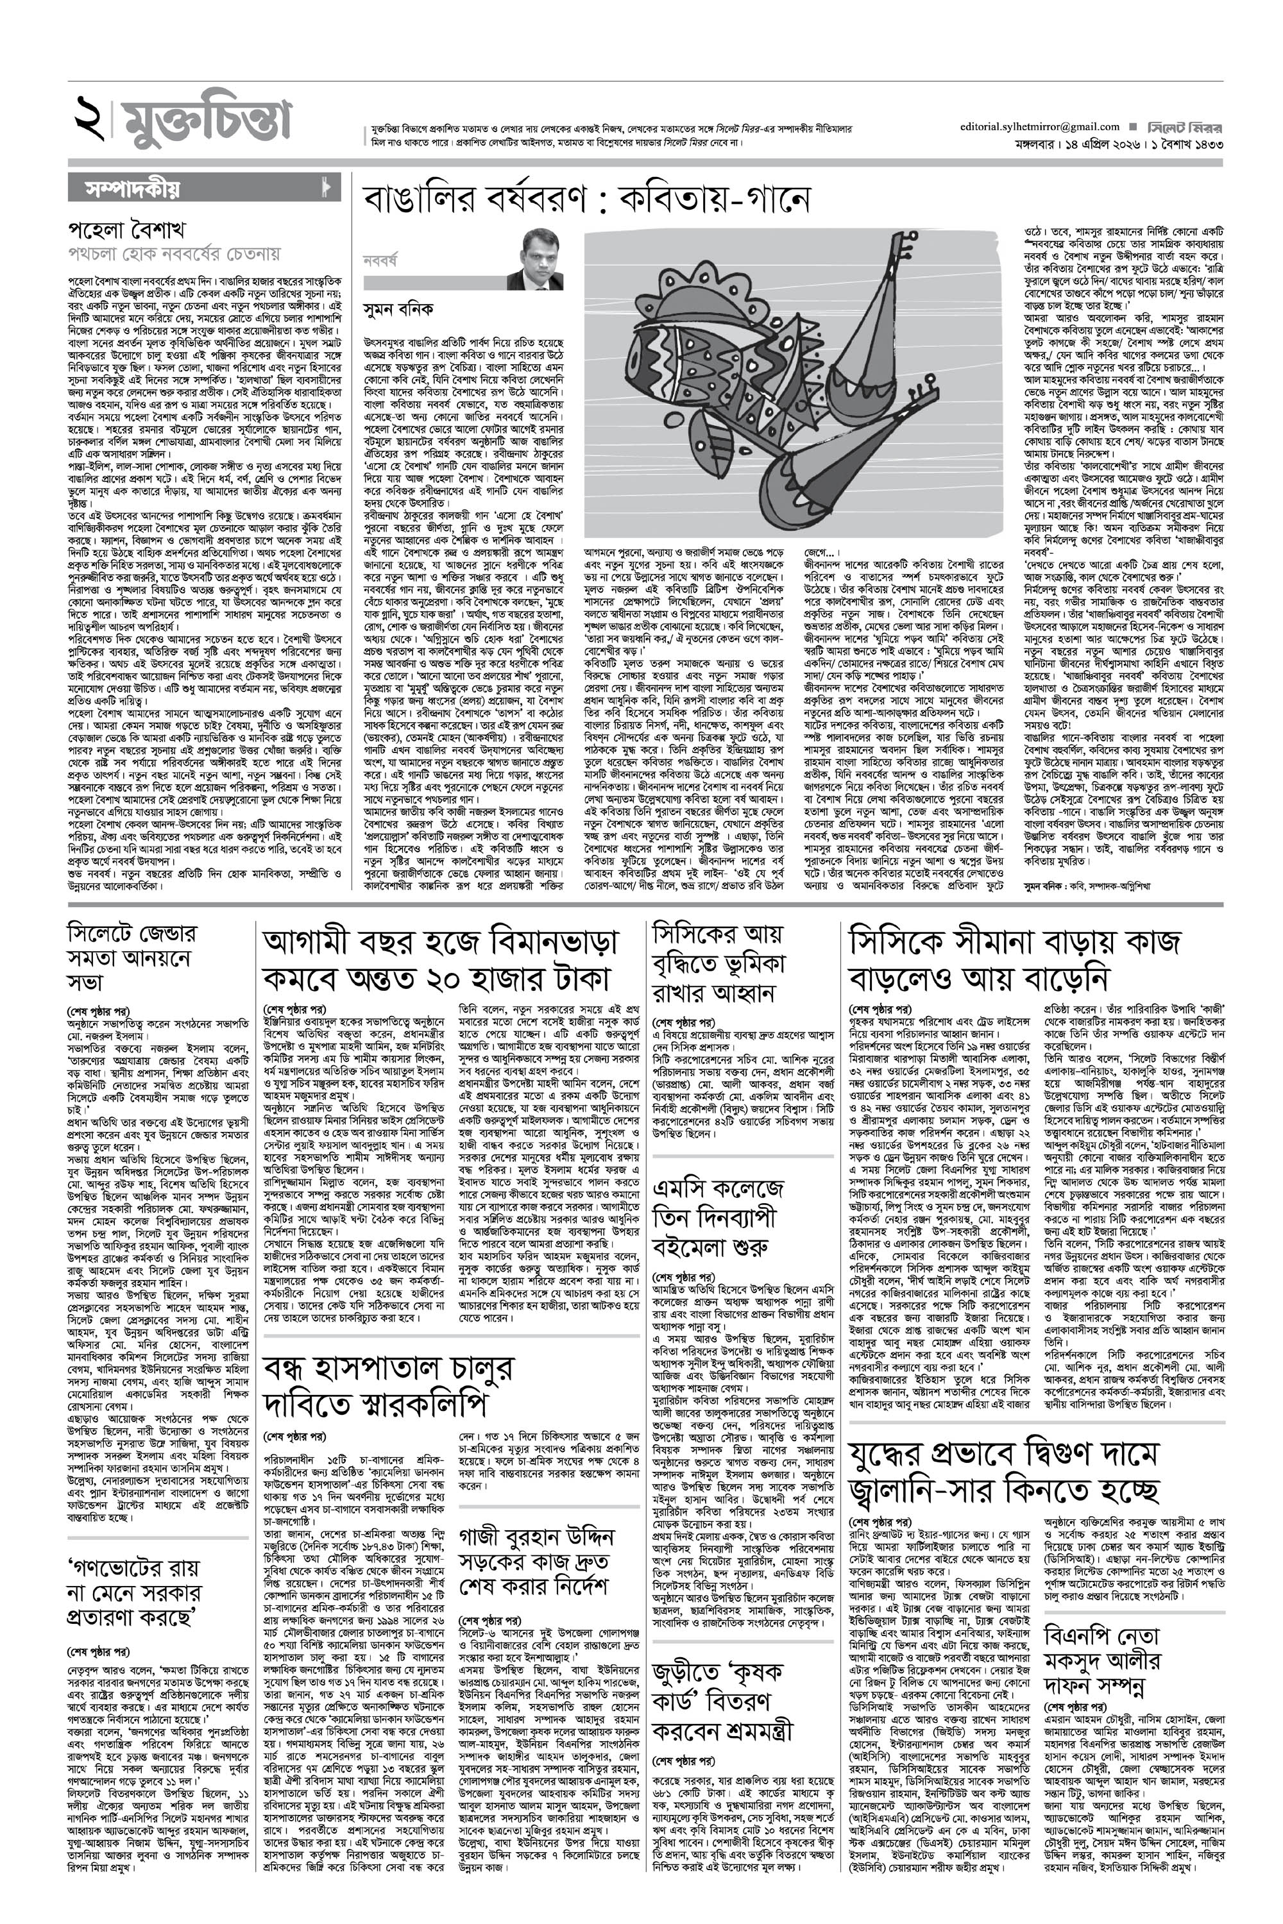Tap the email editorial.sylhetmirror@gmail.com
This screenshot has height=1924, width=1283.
coord(1040,127)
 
